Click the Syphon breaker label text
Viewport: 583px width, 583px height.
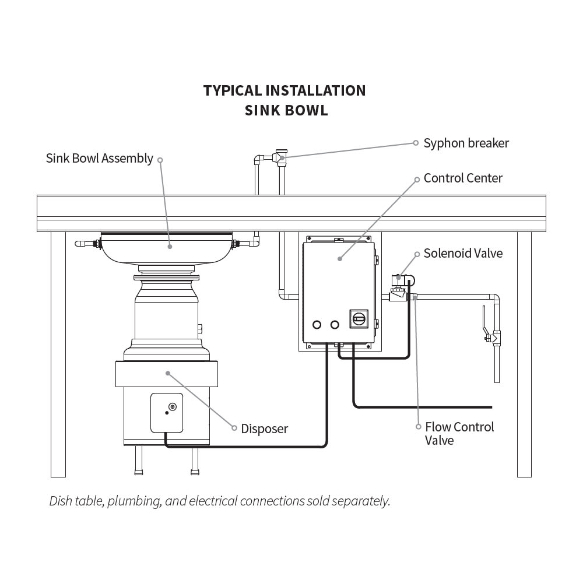point(466,143)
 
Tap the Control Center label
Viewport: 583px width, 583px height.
point(463,178)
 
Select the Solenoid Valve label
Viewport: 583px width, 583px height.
point(463,254)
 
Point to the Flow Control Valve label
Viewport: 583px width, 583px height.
point(459,434)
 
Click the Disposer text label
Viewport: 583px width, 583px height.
point(265,429)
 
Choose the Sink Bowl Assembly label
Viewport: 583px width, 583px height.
point(100,159)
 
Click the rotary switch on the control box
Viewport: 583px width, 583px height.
point(359,318)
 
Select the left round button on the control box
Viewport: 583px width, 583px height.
point(317,324)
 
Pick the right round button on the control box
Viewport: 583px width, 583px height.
point(335,324)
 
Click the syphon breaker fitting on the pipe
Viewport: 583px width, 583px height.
point(282,157)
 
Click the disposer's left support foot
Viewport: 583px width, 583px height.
point(138,461)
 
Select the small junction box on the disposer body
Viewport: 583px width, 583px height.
point(167,413)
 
